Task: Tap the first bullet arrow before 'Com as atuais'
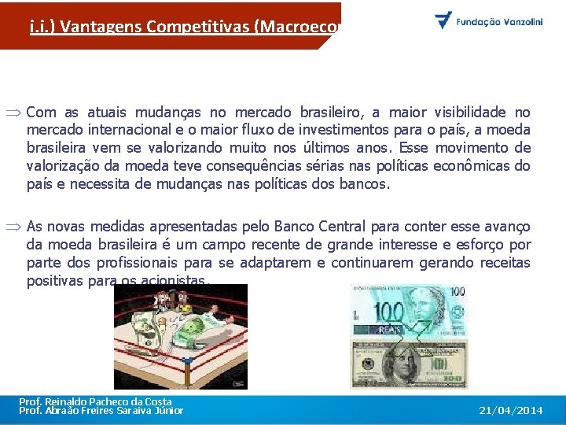(16, 113)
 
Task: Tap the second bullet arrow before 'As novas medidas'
(16, 227)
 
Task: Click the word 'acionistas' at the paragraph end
(177, 281)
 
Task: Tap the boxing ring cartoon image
(180, 337)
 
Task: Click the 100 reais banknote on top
(408, 312)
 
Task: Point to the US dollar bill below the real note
(408, 364)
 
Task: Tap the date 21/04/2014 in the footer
(511, 411)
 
